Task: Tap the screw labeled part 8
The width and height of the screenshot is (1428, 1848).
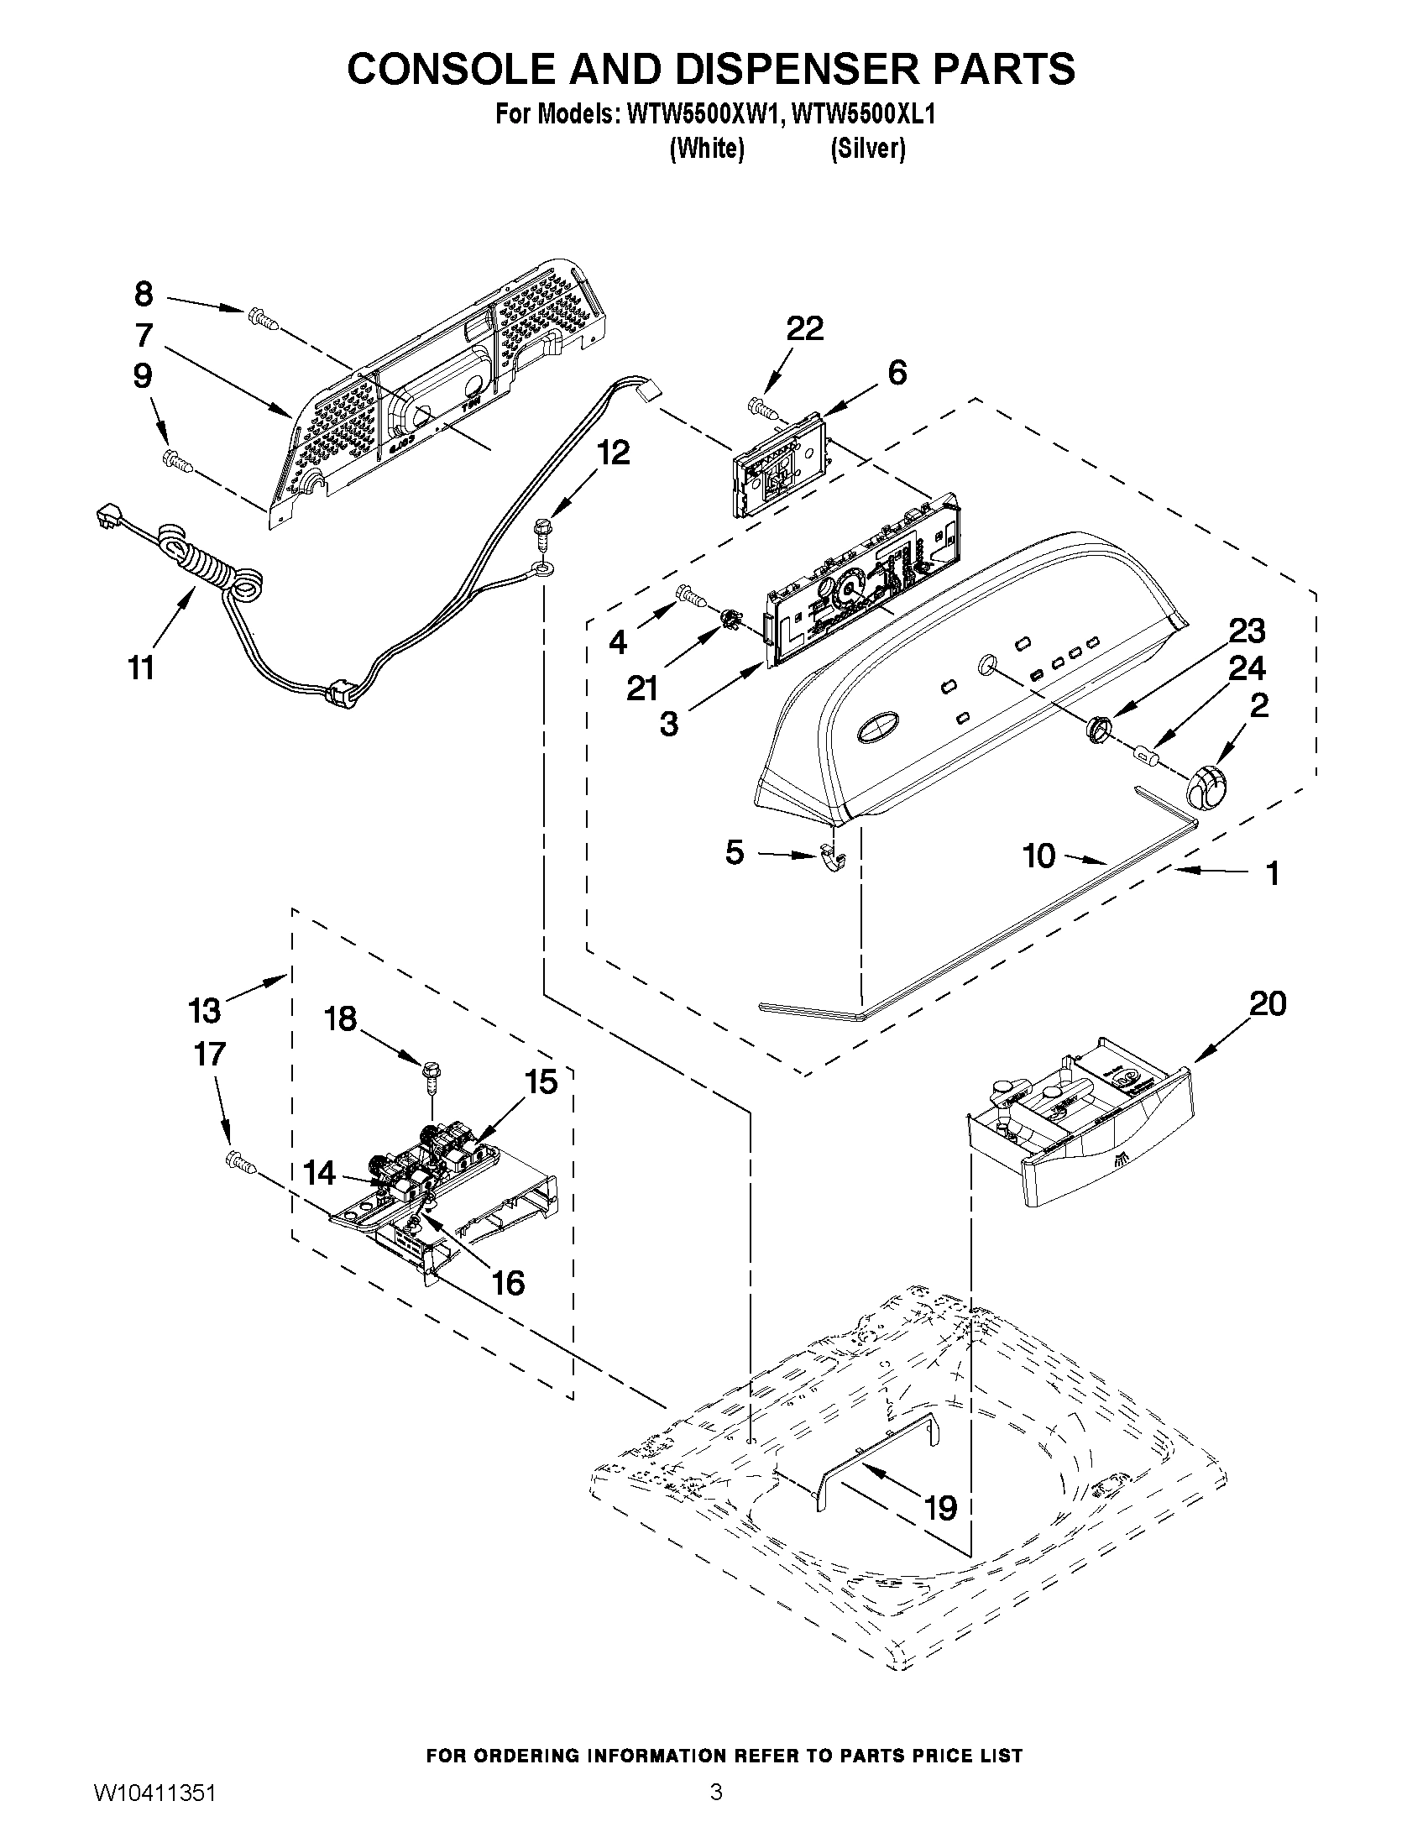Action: tap(262, 320)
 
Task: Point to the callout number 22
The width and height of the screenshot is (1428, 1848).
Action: tap(804, 328)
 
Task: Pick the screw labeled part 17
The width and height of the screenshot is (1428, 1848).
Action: tap(240, 1163)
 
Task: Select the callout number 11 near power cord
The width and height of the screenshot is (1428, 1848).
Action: tap(141, 667)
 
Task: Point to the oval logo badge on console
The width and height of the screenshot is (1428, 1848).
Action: tap(879, 727)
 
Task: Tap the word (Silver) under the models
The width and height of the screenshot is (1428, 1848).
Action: tap(867, 149)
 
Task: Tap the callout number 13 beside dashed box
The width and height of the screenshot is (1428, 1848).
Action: tap(204, 1009)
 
